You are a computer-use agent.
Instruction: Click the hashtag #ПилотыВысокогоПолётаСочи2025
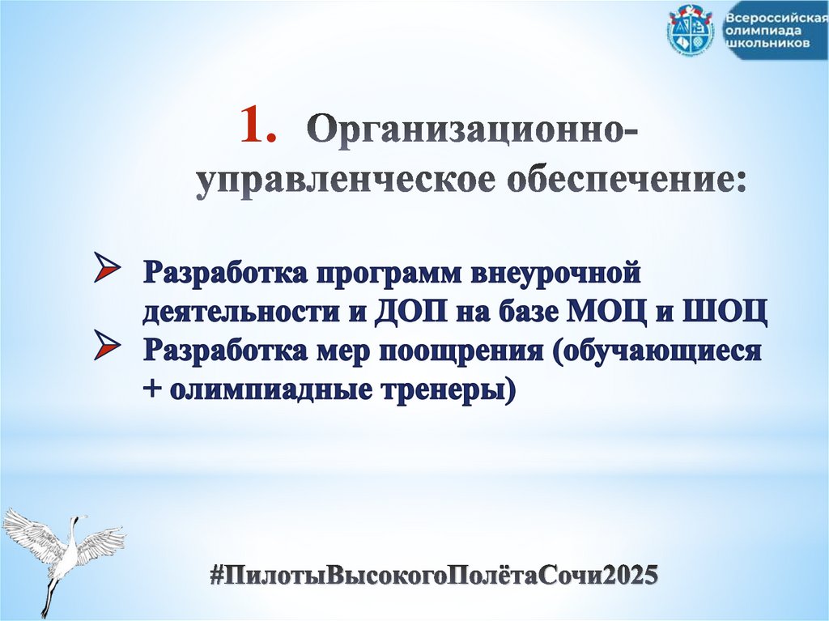[433, 575]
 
